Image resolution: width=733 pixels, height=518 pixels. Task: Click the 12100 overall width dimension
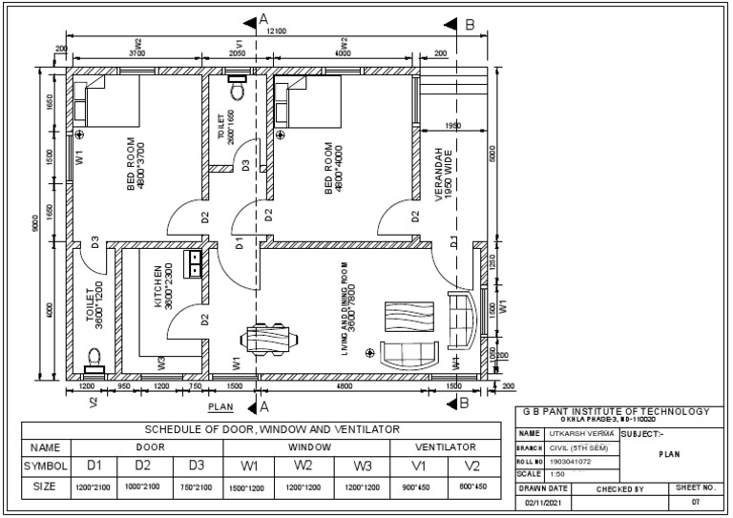coord(276,32)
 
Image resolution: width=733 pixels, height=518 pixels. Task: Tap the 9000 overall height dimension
coord(35,225)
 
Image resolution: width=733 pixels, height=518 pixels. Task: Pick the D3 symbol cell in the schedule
coord(197,466)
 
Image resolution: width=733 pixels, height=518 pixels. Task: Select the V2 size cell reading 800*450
coord(472,487)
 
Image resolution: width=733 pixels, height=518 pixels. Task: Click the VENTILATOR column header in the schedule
coord(445,446)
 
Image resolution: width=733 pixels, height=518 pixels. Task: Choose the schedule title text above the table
coord(272,429)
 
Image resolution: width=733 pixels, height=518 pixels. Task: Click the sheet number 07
coord(696,502)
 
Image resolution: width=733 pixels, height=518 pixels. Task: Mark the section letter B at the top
coord(470,24)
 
